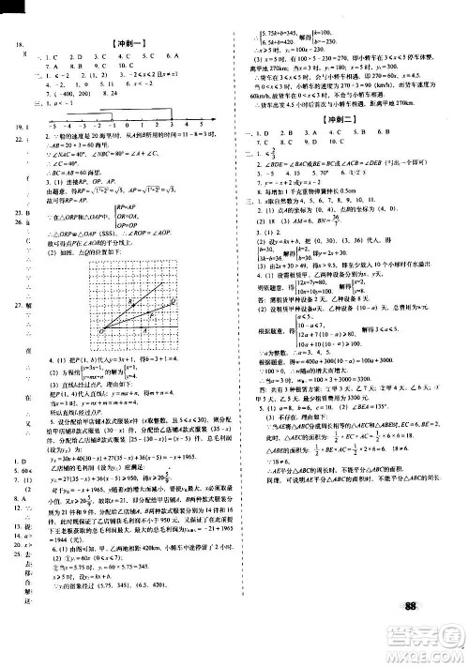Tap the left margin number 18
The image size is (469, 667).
pyautogui.click(x=13, y=46)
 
